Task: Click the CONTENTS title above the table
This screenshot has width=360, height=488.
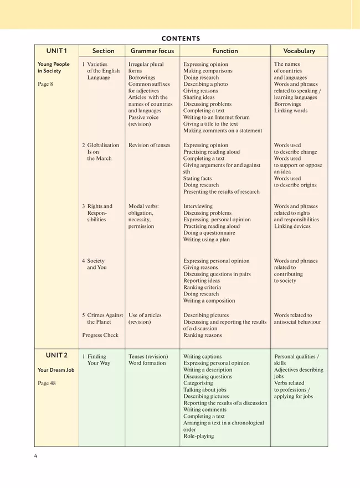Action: click(x=181, y=39)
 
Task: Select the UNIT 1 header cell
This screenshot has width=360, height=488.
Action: click(x=56, y=51)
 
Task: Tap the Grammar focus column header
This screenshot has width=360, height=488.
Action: click(x=152, y=51)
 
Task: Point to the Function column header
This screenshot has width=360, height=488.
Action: click(x=225, y=51)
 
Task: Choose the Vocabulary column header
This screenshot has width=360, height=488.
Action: click(x=299, y=51)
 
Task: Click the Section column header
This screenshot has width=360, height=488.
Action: click(x=104, y=51)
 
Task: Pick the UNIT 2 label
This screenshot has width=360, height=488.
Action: click(x=56, y=355)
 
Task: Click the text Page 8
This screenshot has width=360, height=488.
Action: click(x=45, y=84)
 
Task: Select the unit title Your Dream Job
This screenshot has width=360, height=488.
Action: click(x=56, y=370)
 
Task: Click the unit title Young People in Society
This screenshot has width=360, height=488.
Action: click(x=54, y=68)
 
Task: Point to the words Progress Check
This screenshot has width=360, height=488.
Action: click(x=100, y=335)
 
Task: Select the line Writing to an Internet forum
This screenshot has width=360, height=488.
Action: click(x=216, y=117)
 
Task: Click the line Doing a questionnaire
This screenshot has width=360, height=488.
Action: click(x=209, y=233)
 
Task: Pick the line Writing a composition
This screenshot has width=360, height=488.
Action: click(x=209, y=301)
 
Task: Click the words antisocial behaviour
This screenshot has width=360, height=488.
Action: click(x=297, y=322)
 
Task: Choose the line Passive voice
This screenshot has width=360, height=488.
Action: click(x=143, y=117)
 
